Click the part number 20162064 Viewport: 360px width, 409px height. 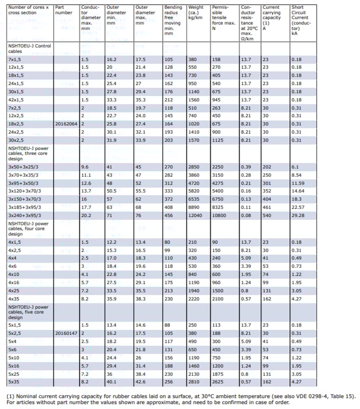click(66, 124)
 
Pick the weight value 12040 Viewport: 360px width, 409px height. click(195, 215)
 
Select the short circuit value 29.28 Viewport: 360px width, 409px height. click(298, 215)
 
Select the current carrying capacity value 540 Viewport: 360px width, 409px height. click(267, 215)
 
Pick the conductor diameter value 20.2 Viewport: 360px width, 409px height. click(85, 215)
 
